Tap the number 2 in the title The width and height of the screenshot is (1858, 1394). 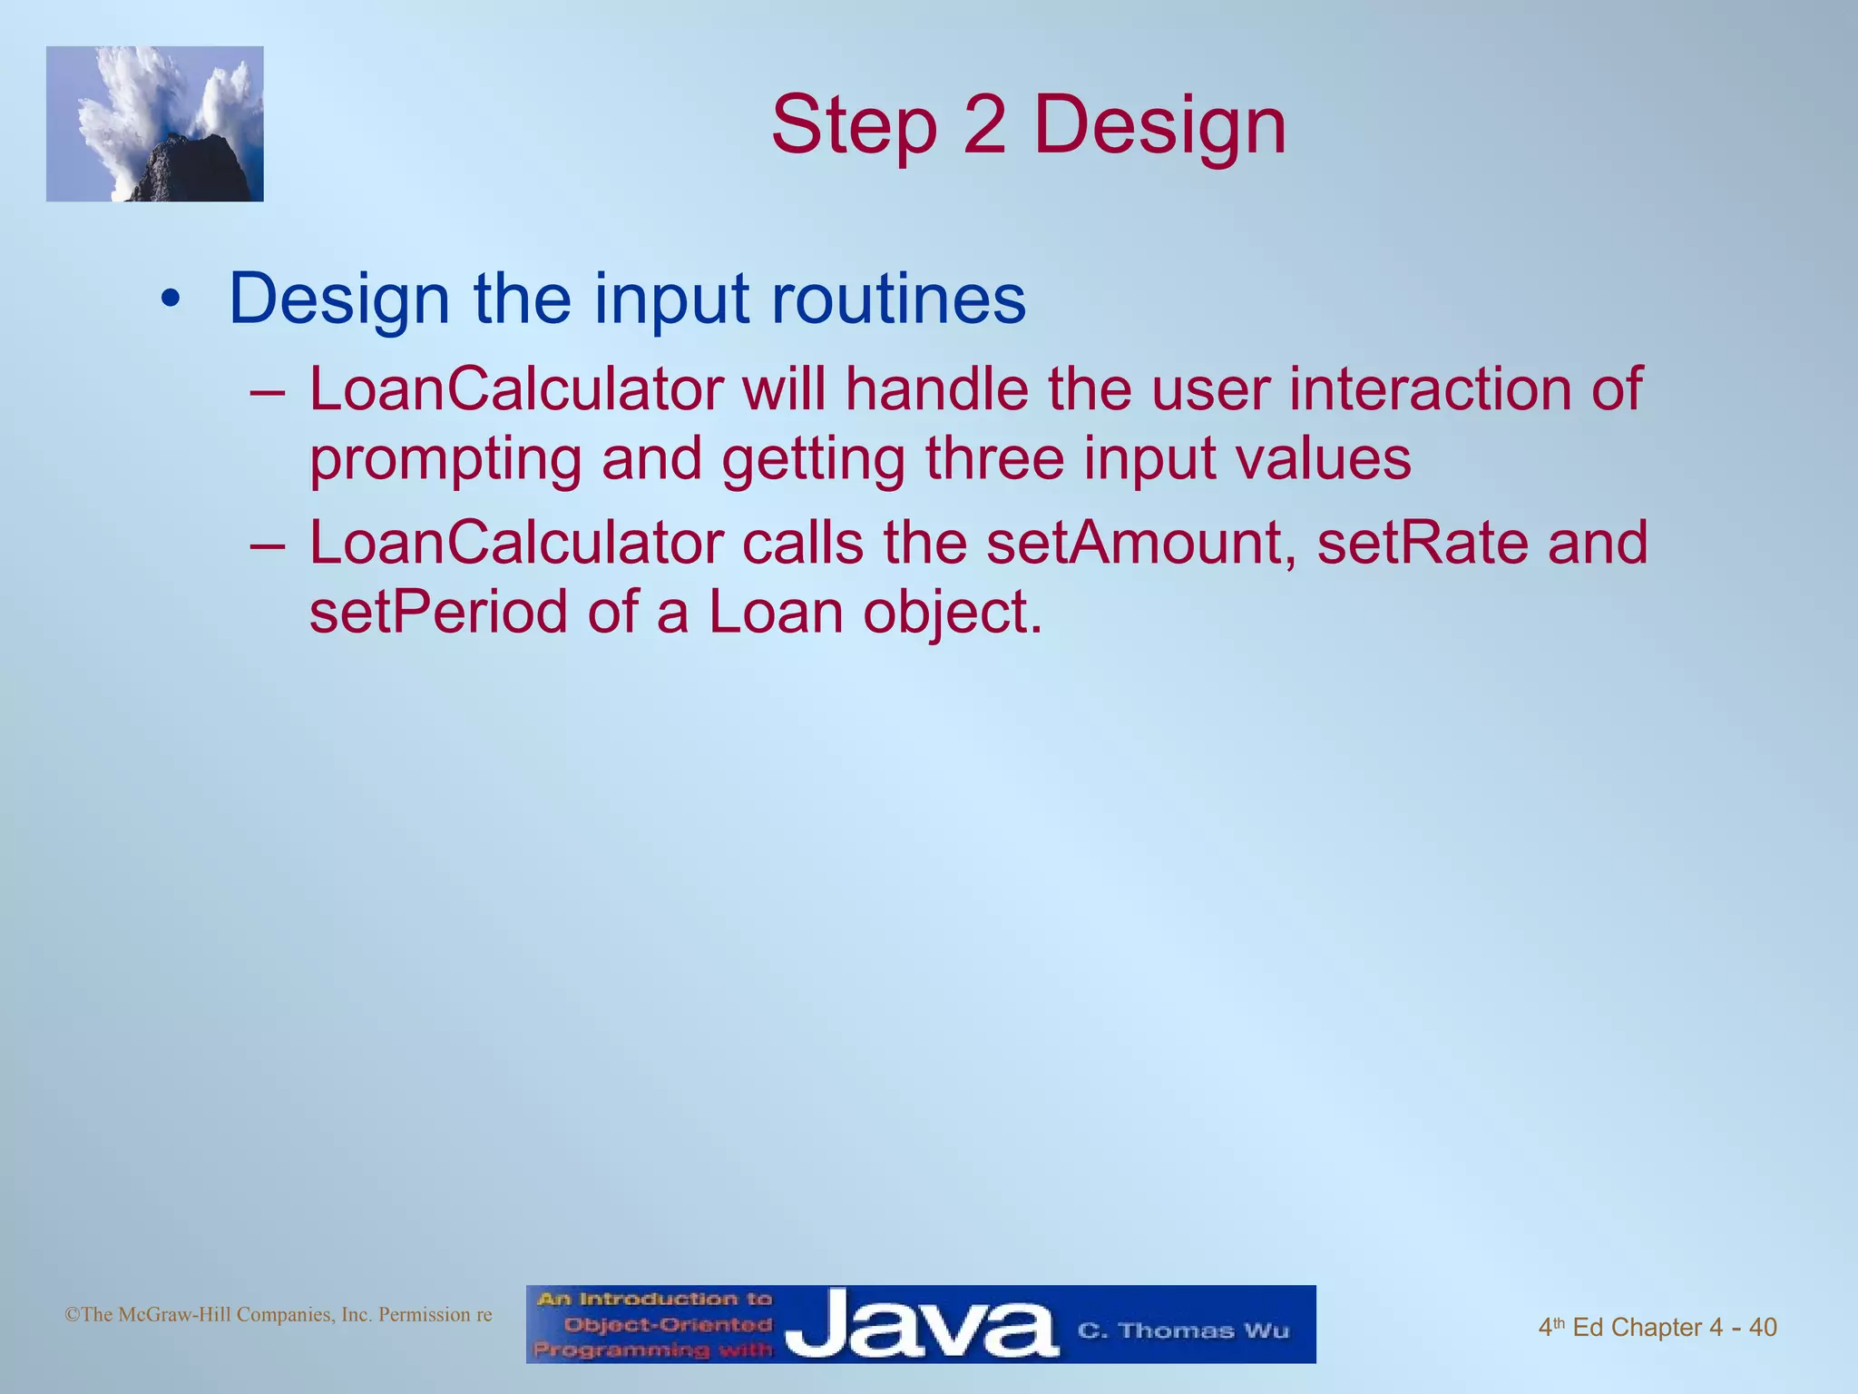click(x=984, y=126)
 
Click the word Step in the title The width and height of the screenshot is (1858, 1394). click(x=853, y=126)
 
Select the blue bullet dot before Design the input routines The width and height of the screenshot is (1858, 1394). click(x=169, y=299)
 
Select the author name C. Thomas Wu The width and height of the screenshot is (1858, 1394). click(x=1183, y=1330)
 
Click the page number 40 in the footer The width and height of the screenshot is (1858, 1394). click(x=1762, y=1328)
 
